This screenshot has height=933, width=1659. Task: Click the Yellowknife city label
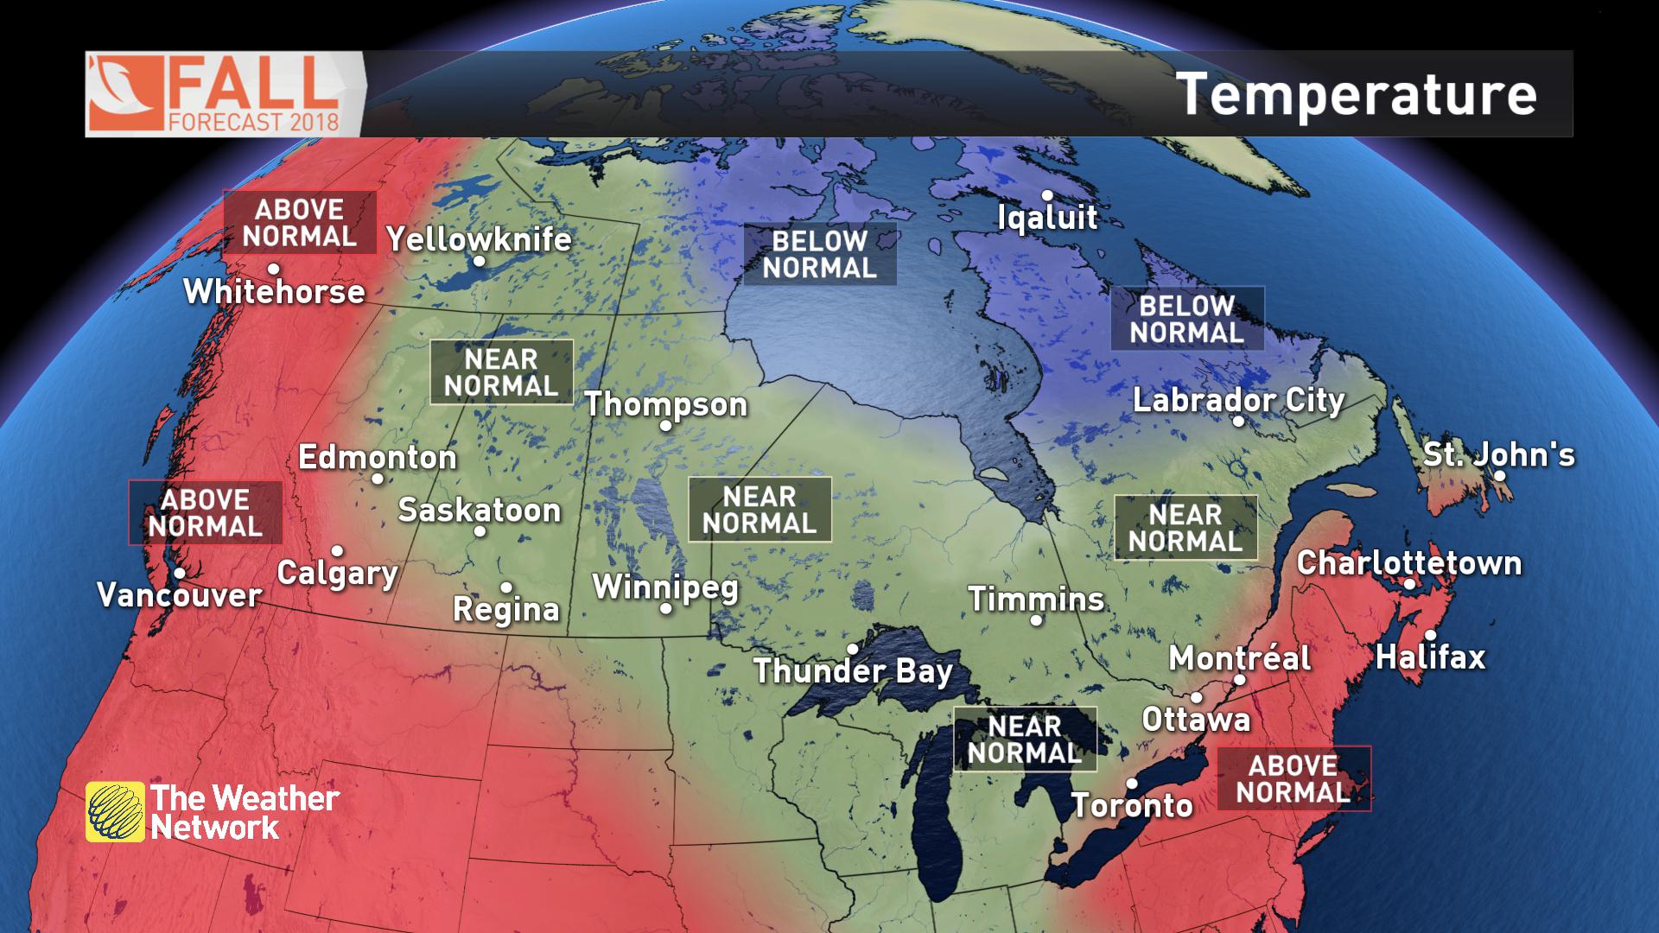[479, 238]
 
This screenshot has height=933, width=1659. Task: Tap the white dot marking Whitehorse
[274, 269]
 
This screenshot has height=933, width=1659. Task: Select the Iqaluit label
[1047, 217]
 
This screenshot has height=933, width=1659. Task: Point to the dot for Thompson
[665, 426]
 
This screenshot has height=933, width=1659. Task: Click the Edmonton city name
[377, 457]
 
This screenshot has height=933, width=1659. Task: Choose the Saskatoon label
[479, 510]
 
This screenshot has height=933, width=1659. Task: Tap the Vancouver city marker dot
[180, 573]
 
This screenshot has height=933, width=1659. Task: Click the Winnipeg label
[665, 587]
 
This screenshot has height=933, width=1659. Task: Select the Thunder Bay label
[853, 671]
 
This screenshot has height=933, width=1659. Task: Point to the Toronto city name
[1132, 805]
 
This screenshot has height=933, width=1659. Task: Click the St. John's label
[1498, 454]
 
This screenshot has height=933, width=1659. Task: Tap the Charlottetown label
[1408, 562]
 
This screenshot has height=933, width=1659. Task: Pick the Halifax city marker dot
[1430, 636]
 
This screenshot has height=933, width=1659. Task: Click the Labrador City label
[1238, 400]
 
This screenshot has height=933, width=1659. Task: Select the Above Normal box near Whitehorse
[300, 222]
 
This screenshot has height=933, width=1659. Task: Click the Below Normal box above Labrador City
[1186, 319]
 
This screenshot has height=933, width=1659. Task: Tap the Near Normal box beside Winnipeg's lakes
[760, 510]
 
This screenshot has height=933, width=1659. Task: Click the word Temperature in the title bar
[1356, 93]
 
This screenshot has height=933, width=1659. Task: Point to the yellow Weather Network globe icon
[115, 812]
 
